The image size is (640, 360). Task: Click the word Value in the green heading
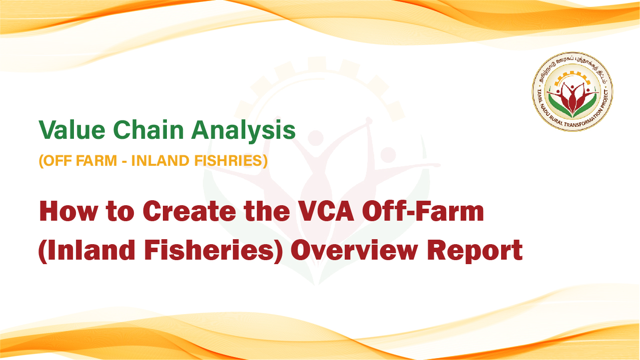click(72, 130)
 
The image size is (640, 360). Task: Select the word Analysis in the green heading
click(243, 131)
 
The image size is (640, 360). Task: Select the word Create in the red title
click(189, 211)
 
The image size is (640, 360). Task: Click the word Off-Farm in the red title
click(423, 211)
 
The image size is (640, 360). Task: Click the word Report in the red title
click(475, 251)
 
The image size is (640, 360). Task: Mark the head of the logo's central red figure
click(572, 87)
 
